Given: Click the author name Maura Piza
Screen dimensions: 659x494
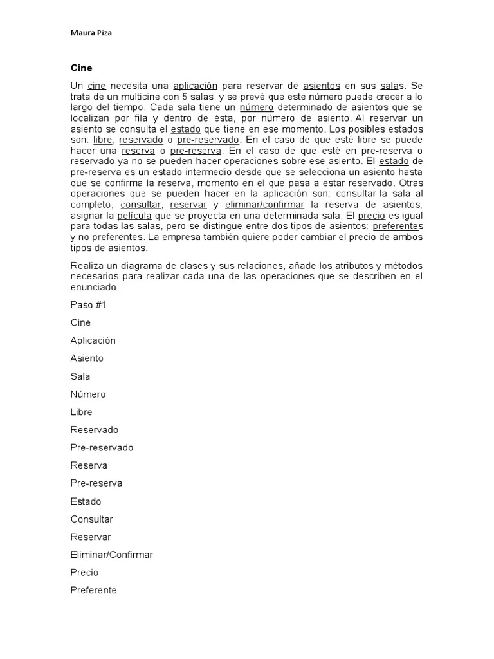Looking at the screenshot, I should (x=90, y=32).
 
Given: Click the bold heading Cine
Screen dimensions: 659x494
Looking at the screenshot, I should (x=82, y=68).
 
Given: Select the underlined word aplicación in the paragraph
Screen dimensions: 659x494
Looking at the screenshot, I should (x=196, y=86).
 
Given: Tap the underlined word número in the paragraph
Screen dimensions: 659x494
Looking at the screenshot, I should (x=257, y=107).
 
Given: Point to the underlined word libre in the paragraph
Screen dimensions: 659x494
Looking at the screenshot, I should (x=102, y=140).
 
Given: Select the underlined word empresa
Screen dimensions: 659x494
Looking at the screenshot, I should (x=181, y=237).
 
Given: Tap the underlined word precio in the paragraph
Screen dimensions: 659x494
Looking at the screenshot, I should (x=372, y=216).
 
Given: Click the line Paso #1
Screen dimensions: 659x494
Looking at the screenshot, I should (x=88, y=304).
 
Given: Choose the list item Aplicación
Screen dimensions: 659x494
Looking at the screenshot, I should (x=93, y=340).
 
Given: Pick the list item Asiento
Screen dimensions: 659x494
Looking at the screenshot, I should (x=87, y=358).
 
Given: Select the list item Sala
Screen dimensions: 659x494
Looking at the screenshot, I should (x=80, y=376).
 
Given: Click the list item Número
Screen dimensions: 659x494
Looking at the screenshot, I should (x=88, y=394).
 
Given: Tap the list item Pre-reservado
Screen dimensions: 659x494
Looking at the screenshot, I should (x=102, y=447).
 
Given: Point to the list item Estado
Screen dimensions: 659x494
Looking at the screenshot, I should (x=86, y=501).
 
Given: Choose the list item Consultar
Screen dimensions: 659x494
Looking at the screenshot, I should (x=92, y=519).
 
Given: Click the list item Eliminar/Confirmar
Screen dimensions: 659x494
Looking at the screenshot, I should (x=112, y=554).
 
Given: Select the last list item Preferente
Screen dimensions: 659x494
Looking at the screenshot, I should (x=94, y=590).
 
